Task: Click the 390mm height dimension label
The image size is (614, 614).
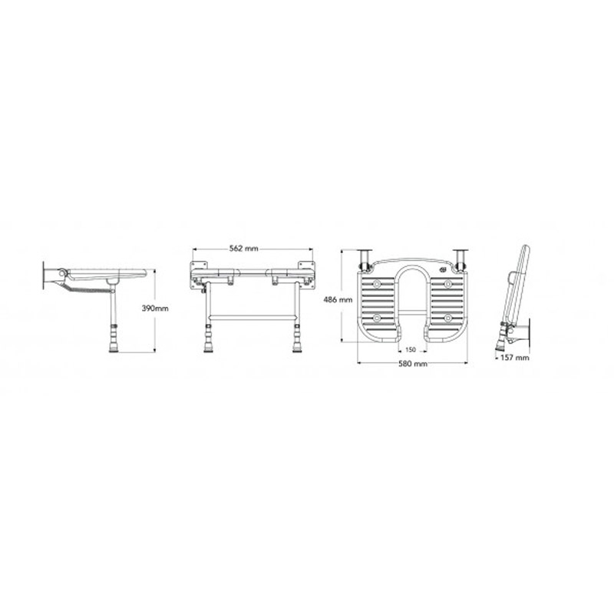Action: (x=155, y=309)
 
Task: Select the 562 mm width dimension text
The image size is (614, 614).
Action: (x=245, y=249)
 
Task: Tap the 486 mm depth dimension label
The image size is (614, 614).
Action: (x=338, y=300)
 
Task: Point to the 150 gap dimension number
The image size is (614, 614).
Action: (x=411, y=350)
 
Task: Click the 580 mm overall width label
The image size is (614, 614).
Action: (x=413, y=364)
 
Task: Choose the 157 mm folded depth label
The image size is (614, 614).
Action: (x=514, y=358)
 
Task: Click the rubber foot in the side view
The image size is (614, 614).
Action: (x=114, y=348)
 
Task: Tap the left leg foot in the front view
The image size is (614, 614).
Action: (x=208, y=348)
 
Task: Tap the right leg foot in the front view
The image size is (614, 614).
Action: (x=297, y=348)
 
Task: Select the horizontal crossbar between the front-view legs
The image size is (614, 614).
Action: (x=253, y=317)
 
